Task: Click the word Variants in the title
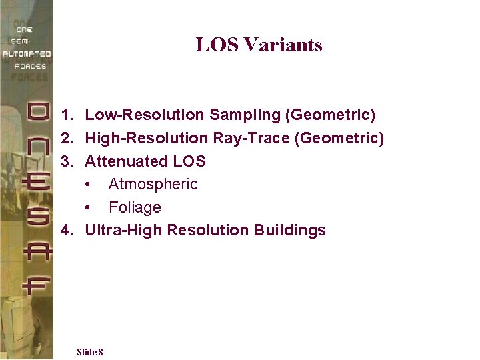[283, 45]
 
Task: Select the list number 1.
[66, 115]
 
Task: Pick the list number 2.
[66, 138]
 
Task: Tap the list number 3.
[66, 161]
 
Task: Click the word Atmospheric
[153, 184]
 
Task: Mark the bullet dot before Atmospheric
[89, 185]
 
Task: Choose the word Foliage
[135, 207]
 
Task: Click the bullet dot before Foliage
[89, 208]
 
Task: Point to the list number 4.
[66, 231]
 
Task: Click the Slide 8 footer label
[89, 352]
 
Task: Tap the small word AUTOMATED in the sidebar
[26, 54]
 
